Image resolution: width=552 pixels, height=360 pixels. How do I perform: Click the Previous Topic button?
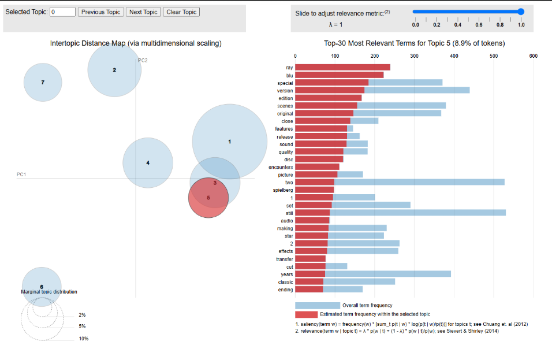tap(101, 12)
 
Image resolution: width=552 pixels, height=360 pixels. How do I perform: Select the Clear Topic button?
tap(181, 12)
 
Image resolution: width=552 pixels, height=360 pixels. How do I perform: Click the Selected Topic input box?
tap(63, 12)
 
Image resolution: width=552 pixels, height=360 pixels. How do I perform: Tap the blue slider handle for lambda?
tap(521, 12)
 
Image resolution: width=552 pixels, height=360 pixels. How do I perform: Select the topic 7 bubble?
tap(43, 82)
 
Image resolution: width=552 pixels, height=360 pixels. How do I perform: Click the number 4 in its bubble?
tap(148, 163)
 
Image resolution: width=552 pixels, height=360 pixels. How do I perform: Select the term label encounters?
tap(281, 167)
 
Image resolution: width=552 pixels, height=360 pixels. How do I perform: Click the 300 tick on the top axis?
tap(414, 56)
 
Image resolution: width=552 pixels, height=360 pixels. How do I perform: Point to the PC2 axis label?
tap(143, 60)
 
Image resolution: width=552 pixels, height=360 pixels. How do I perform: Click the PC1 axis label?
tap(22, 174)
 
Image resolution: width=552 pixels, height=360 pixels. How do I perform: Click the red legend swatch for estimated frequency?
tap(307, 314)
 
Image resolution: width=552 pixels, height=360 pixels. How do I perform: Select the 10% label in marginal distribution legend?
tap(84, 338)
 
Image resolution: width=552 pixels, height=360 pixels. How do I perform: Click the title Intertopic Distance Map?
tap(136, 43)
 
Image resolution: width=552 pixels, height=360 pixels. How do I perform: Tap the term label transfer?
tap(284, 259)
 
